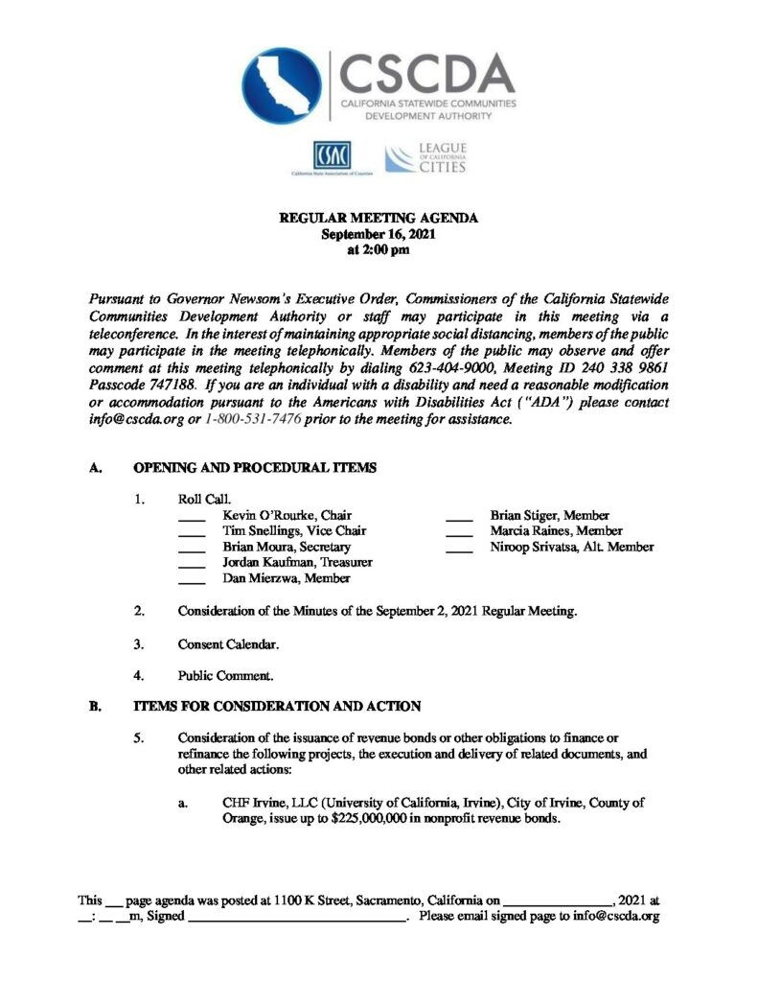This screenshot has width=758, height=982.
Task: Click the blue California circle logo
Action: pos(283,87)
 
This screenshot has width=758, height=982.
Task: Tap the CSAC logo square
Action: pos(331,155)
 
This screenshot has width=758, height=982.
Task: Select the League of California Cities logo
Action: pos(425,157)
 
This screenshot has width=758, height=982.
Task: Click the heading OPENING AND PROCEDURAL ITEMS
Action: pos(254,468)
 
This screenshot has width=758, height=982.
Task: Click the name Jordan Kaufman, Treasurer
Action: pos(297,563)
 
